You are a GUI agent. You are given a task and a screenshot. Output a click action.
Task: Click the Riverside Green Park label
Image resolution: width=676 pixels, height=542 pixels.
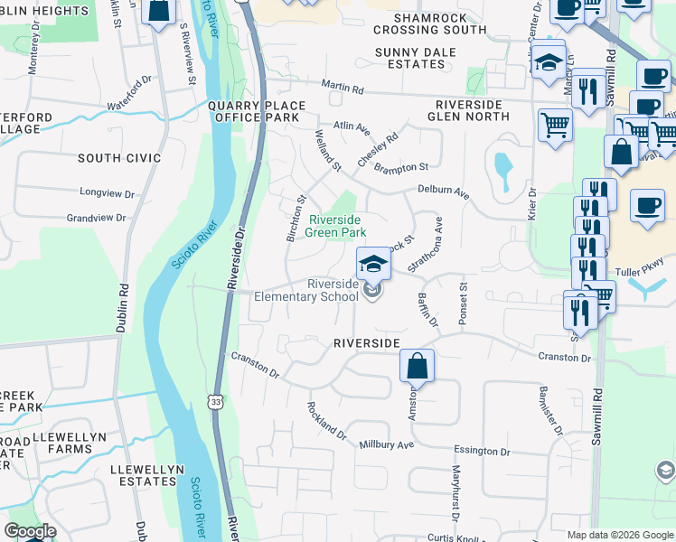[x=334, y=226]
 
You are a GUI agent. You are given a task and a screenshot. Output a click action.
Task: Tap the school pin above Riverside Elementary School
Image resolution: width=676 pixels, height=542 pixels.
[x=373, y=264]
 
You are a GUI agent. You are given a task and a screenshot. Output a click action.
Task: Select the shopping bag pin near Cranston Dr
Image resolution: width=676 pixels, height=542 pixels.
[x=417, y=366]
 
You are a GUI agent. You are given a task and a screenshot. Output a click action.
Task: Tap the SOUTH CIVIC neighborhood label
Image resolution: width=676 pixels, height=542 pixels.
[x=119, y=158]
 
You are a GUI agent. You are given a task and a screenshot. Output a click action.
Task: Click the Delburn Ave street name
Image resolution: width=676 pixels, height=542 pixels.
[x=444, y=192]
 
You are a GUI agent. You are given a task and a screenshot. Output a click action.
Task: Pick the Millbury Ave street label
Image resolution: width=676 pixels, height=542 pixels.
[x=386, y=444]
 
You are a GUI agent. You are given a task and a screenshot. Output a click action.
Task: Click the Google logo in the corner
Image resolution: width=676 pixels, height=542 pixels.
[x=30, y=531]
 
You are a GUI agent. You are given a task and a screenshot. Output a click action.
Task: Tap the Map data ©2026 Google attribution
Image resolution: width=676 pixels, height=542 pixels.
[x=619, y=535]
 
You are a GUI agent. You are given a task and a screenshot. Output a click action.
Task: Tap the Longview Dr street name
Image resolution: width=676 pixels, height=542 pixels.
[x=107, y=192]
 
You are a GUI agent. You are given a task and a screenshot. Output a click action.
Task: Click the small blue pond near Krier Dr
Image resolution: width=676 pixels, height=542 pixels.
[x=503, y=166]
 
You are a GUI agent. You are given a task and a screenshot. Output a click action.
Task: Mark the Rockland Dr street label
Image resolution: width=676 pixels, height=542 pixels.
[x=326, y=420]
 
